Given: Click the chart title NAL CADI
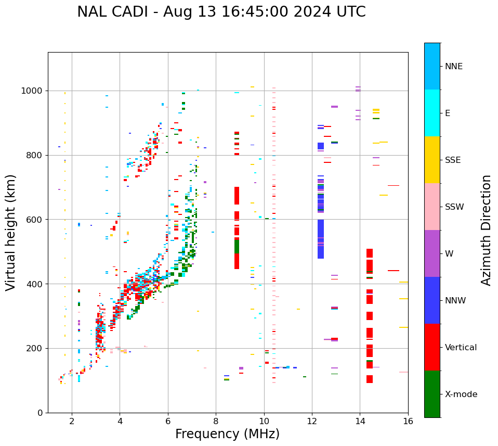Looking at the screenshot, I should (x=221, y=12).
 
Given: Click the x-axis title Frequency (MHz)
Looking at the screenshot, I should (x=227, y=434).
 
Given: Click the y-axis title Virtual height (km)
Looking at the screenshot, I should (x=11, y=232).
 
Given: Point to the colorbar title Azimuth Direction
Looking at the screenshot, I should (x=486, y=230).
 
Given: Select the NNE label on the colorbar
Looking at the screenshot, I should (x=453, y=67).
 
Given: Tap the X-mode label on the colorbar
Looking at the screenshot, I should (x=461, y=394).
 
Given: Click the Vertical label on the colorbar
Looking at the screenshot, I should (x=461, y=348).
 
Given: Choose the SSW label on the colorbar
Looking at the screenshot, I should (x=454, y=207).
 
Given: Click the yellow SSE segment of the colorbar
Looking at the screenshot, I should (x=432, y=160).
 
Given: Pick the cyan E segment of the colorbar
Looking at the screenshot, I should (x=432, y=113).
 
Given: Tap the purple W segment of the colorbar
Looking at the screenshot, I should (x=432, y=253).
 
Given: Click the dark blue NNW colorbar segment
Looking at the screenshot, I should (x=432, y=300).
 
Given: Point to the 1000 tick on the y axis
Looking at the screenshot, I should (x=32, y=91).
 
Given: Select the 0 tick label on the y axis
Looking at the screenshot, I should (x=41, y=413).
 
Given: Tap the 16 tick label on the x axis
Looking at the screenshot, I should (x=408, y=422).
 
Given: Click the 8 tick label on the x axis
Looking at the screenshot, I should (x=216, y=422).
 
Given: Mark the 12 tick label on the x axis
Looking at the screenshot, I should (x=312, y=422).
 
